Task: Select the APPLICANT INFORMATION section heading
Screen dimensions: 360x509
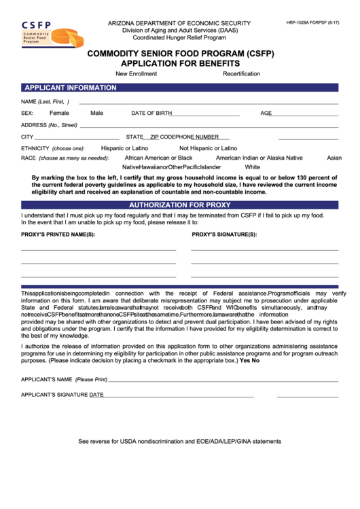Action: click(70, 88)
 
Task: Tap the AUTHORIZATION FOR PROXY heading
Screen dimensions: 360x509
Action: click(180, 205)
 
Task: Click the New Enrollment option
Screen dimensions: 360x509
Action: click(136, 73)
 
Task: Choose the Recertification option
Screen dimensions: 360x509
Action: click(241, 73)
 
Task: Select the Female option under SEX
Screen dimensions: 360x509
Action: click(59, 113)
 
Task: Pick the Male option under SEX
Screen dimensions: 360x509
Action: click(97, 113)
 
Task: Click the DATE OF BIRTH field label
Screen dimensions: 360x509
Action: click(151, 113)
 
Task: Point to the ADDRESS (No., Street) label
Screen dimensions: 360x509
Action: click(50, 125)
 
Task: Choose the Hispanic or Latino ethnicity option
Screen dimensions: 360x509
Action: click(124, 147)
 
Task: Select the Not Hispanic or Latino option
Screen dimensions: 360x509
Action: click(208, 147)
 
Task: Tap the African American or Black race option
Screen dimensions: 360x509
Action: click(158, 158)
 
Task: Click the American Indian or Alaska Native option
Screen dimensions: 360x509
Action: click(259, 158)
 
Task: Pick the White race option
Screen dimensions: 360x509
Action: click(252, 167)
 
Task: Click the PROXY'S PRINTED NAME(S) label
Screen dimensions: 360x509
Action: click(58, 234)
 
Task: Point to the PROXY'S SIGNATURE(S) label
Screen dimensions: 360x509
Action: click(224, 234)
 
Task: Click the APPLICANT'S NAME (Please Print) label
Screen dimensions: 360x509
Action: click(65, 379)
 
